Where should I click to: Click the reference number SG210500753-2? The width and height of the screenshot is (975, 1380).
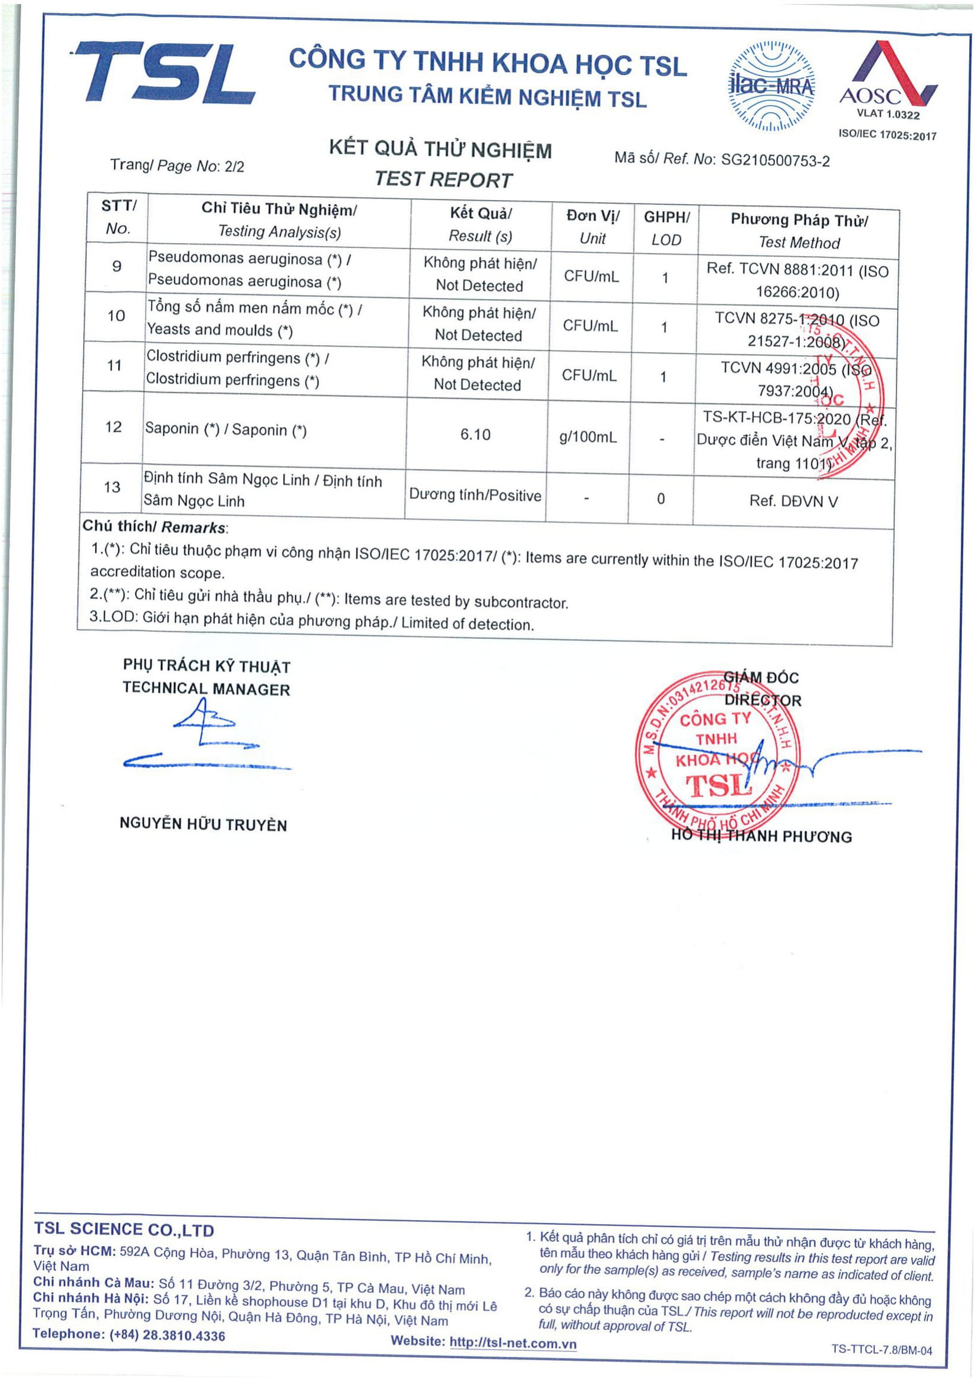coord(775,160)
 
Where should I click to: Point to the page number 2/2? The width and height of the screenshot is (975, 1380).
coord(234,166)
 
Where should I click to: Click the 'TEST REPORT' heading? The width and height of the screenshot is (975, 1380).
coord(444,179)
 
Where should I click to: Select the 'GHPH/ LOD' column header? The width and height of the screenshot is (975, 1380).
coord(666,228)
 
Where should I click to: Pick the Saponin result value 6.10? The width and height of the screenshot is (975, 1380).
coord(475,435)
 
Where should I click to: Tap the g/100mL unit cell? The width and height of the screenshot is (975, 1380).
coord(588,437)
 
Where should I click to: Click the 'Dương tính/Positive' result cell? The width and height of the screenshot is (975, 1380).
coord(475,495)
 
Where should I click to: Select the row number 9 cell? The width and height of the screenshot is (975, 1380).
coord(117,266)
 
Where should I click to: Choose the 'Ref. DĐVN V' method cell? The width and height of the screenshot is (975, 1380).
coord(793,501)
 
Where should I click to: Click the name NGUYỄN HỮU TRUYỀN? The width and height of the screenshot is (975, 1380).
coord(203,824)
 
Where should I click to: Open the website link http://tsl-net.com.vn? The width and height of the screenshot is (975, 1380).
coord(513,1343)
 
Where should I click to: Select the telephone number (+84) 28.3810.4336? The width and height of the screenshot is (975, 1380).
coord(167,1336)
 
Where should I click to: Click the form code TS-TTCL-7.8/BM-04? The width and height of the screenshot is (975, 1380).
coord(881,1350)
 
